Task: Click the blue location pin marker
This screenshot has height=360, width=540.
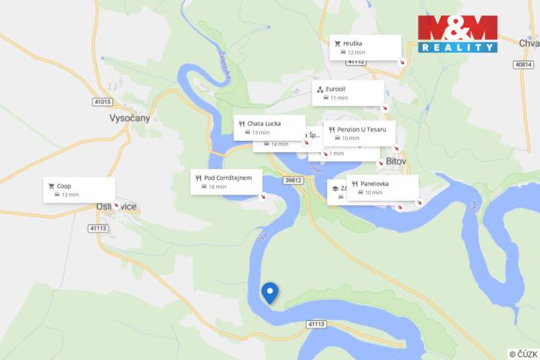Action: [269, 293]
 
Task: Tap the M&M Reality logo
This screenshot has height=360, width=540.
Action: [457, 34]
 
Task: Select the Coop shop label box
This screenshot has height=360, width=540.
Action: [79, 189]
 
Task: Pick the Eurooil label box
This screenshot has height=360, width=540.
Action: [348, 93]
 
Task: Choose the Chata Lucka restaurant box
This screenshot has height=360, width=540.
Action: [268, 127]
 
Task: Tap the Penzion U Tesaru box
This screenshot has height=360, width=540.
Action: [359, 133]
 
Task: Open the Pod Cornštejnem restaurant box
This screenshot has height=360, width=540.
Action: [227, 182]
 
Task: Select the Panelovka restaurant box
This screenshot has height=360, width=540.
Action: [382, 187]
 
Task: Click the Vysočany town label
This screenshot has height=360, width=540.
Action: [130, 118]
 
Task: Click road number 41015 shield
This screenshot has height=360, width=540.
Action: [102, 102]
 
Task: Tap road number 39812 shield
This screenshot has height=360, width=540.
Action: [293, 181]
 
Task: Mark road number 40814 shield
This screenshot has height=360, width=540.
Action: [524, 65]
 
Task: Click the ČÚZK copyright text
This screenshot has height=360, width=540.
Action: [522, 354]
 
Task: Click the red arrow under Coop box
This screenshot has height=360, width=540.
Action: [116, 205]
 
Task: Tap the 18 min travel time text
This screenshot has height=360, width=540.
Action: [217, 187]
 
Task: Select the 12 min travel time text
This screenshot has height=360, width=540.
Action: [355, 52]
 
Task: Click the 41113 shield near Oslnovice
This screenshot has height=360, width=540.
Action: [98, 228]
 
